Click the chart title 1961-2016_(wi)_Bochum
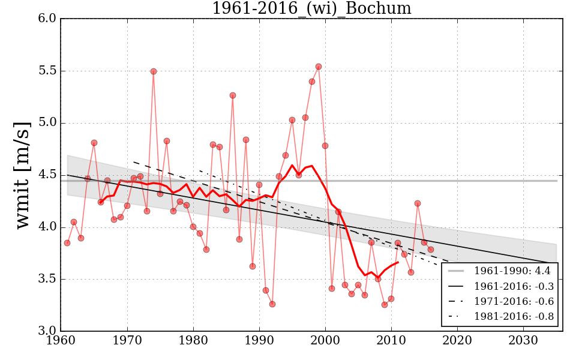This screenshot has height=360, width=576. tap(311, 9)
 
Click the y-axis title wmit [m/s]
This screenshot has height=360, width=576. tap(23, 174)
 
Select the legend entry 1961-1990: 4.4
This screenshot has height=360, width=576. tap(514, 271)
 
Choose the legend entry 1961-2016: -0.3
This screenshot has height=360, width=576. tap(514, 286)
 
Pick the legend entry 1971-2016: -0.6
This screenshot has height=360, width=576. tap(514, 301)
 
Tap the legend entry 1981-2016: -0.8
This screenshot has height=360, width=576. tap(514, 316)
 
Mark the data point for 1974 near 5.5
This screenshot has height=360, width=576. tap(154, 71)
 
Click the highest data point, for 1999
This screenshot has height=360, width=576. tap(319, 67)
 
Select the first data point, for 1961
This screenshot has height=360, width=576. tap(67, 243)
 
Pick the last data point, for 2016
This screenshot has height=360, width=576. tap(431, 250)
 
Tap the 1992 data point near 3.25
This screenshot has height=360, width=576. tap(272, 304)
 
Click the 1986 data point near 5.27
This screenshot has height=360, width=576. tap(233, 95)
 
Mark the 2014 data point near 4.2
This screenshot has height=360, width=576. tap(418, 203)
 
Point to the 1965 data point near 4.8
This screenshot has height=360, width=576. tap(94, 143)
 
